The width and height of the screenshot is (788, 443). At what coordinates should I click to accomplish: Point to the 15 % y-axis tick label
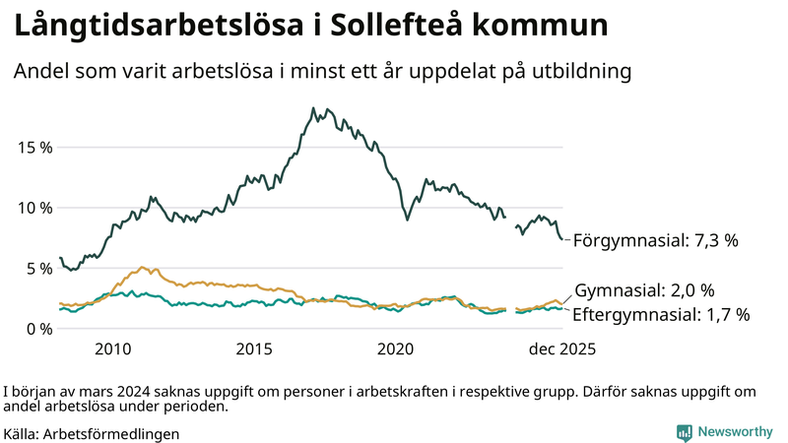(34, 148)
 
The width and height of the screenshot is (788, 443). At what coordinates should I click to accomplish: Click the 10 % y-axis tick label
(34, 208)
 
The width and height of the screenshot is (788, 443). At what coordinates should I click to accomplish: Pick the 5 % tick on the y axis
(38, 268)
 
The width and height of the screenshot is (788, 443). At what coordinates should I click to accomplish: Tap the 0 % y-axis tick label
(38, 329)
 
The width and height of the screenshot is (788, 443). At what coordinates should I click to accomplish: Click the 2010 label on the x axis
(112, 348)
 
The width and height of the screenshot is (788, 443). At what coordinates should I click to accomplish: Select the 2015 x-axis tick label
(254, 348)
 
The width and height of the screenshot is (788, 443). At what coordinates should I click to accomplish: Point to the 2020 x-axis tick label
(396, 348)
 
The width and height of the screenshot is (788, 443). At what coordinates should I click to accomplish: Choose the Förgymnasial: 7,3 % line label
(655, 239)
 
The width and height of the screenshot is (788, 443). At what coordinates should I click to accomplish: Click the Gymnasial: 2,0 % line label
(644, 290)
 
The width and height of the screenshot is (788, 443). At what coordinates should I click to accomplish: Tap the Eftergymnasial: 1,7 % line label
(661, 314)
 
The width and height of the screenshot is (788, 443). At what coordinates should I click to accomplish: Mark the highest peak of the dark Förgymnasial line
(312, 108)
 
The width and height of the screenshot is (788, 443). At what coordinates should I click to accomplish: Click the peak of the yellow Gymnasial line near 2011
(144, 267)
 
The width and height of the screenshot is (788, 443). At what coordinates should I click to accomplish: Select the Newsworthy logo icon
(684, 432)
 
